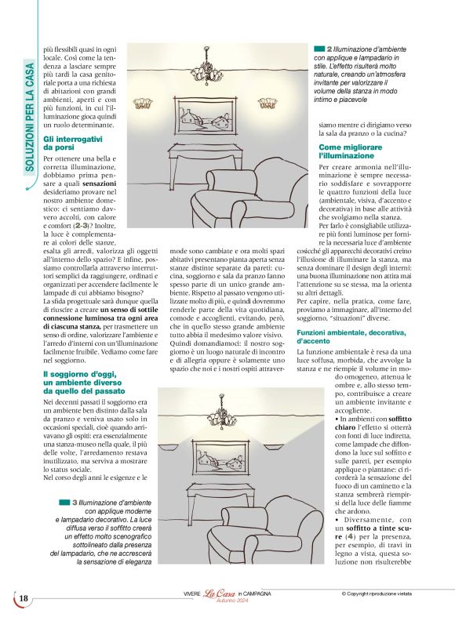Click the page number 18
pos(24,599)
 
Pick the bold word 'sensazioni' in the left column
pos(97,183)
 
